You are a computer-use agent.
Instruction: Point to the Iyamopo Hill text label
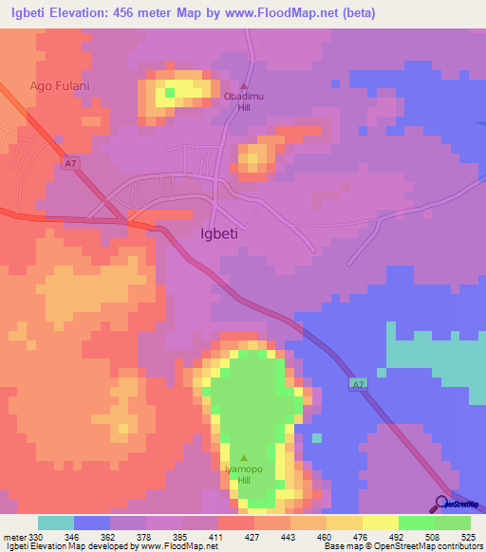coord(243,474)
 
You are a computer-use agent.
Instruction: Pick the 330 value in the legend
coord(36,536)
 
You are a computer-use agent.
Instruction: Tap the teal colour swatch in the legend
coord(56,523)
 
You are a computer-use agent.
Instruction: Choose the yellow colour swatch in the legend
coord(380,523)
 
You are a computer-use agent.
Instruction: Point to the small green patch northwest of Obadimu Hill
coord(171,93)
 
